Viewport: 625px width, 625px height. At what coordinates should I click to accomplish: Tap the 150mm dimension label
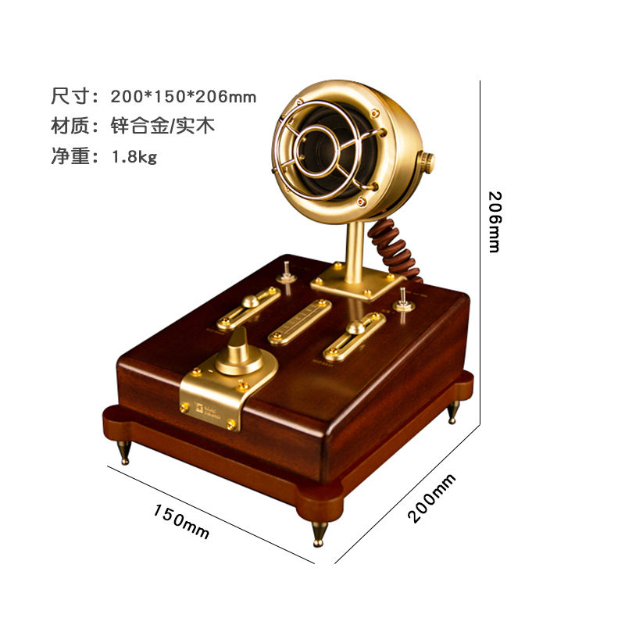181,521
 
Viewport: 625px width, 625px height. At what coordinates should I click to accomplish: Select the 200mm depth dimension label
431,499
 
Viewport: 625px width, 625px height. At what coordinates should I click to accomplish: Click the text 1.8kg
134,156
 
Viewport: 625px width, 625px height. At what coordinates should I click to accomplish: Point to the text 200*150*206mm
184,97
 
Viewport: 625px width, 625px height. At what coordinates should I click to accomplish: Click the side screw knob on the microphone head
427,162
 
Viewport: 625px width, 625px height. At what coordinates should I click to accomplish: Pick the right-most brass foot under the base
453,412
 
